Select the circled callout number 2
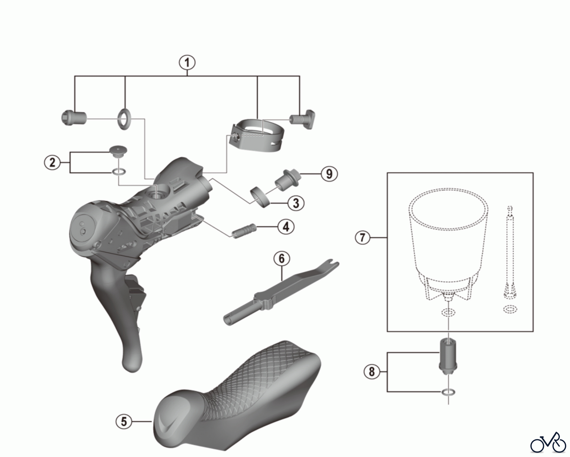point(52,162)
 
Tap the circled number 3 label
point(296,203)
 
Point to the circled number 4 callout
point(286,227)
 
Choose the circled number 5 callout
point(124,421)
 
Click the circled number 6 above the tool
point(282,259)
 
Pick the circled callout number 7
point(363,237)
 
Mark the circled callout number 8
point(371,371)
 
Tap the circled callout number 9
point(329,174)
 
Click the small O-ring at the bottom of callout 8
point(449,393)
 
